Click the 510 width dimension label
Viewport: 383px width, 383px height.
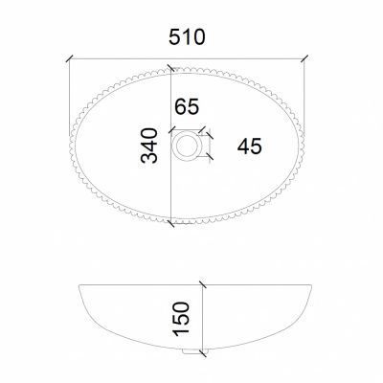coord(187,36)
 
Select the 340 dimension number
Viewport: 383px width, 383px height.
coord(149,146)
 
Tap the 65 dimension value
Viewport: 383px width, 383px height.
coord(187,106)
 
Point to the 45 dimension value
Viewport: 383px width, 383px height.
coord(250,146)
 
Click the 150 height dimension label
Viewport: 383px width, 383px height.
coord(181,319)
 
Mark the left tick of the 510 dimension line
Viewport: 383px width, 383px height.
coord(70,59)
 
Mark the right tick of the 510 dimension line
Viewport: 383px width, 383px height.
coord(304,59)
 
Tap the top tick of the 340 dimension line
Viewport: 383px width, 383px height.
coord(171,68)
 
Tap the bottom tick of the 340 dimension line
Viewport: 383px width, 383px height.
coord(171,223)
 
